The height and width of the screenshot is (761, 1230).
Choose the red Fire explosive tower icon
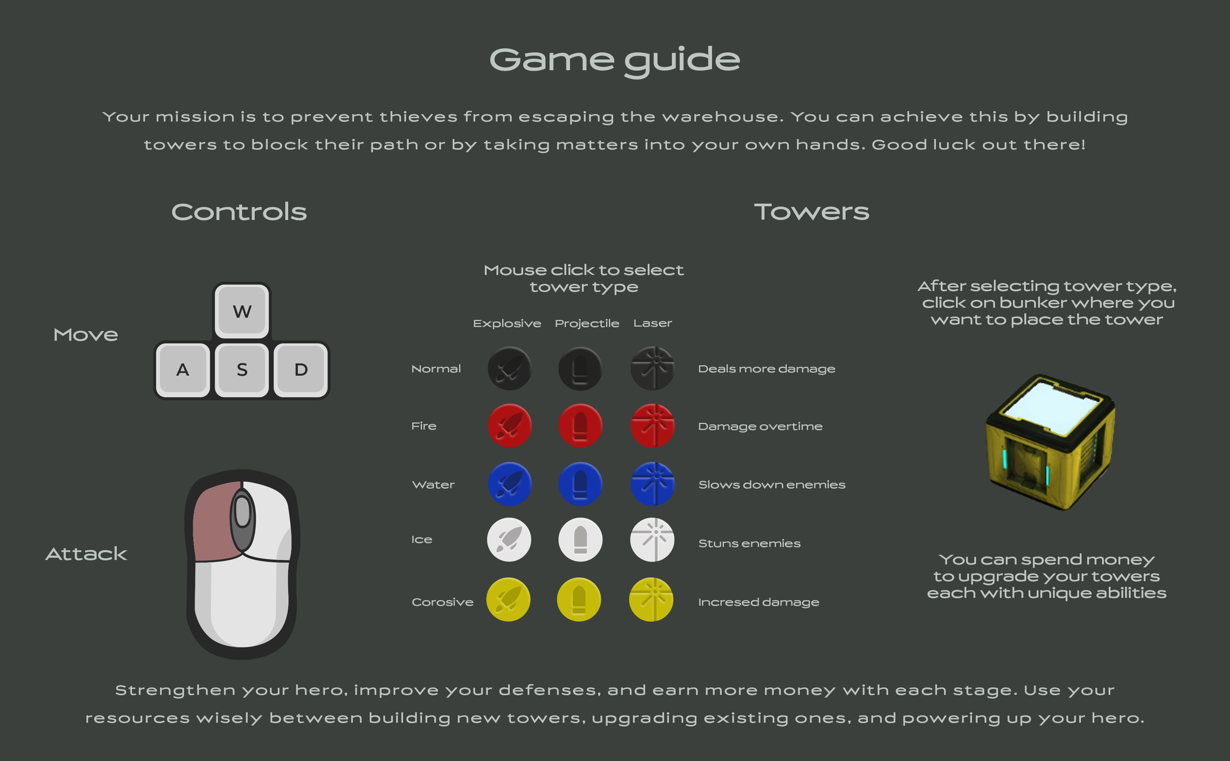pyautogui.click(x=509, y=426)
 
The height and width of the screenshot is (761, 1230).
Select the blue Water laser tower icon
pyautogui.click(x=653, y=484)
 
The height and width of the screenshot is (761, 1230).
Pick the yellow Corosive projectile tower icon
pyautogui.click(x=579, y=599)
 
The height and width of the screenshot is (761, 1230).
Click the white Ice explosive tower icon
pyautogui.click(x=509, y=540)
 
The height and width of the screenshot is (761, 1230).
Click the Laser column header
pyautogui.click(x=653, y=323)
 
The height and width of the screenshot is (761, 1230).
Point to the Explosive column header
pyautogui.click(x=507, y=323)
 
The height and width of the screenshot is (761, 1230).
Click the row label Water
pyautogui.click(x=434, y=485)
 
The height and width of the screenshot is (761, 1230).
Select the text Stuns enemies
pyautogui.click(x=749, y=544)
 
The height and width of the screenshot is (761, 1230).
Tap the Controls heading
pyautogui.click(x=239, y=212)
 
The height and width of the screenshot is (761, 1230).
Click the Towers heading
pyautogui.click(x=812, y=212)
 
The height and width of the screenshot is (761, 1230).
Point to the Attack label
pyautogui.click(x=86, y=554)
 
